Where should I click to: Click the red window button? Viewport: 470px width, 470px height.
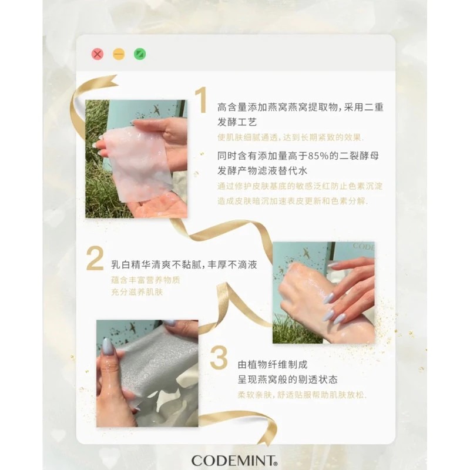coord(98,55)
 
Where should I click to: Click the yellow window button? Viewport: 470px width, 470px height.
coord(119,55)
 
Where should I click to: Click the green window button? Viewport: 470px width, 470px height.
coord(140,55)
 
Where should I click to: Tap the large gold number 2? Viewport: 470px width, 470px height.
coord(95,258)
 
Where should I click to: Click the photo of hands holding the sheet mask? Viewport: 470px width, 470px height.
coord(136,159)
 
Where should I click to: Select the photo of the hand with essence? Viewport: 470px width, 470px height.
coord(324,292)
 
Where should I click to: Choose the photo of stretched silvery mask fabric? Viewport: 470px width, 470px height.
coord(147,373)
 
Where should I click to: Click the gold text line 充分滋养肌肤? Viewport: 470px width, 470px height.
coord(137,292)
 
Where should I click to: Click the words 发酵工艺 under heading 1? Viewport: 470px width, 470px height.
coord(237,122)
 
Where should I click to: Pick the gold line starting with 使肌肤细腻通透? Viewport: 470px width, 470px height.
coord(290,137)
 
